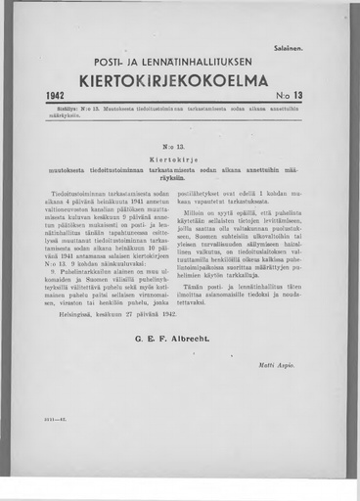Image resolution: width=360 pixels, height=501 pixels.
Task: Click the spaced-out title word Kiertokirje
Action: tap(180, 154)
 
